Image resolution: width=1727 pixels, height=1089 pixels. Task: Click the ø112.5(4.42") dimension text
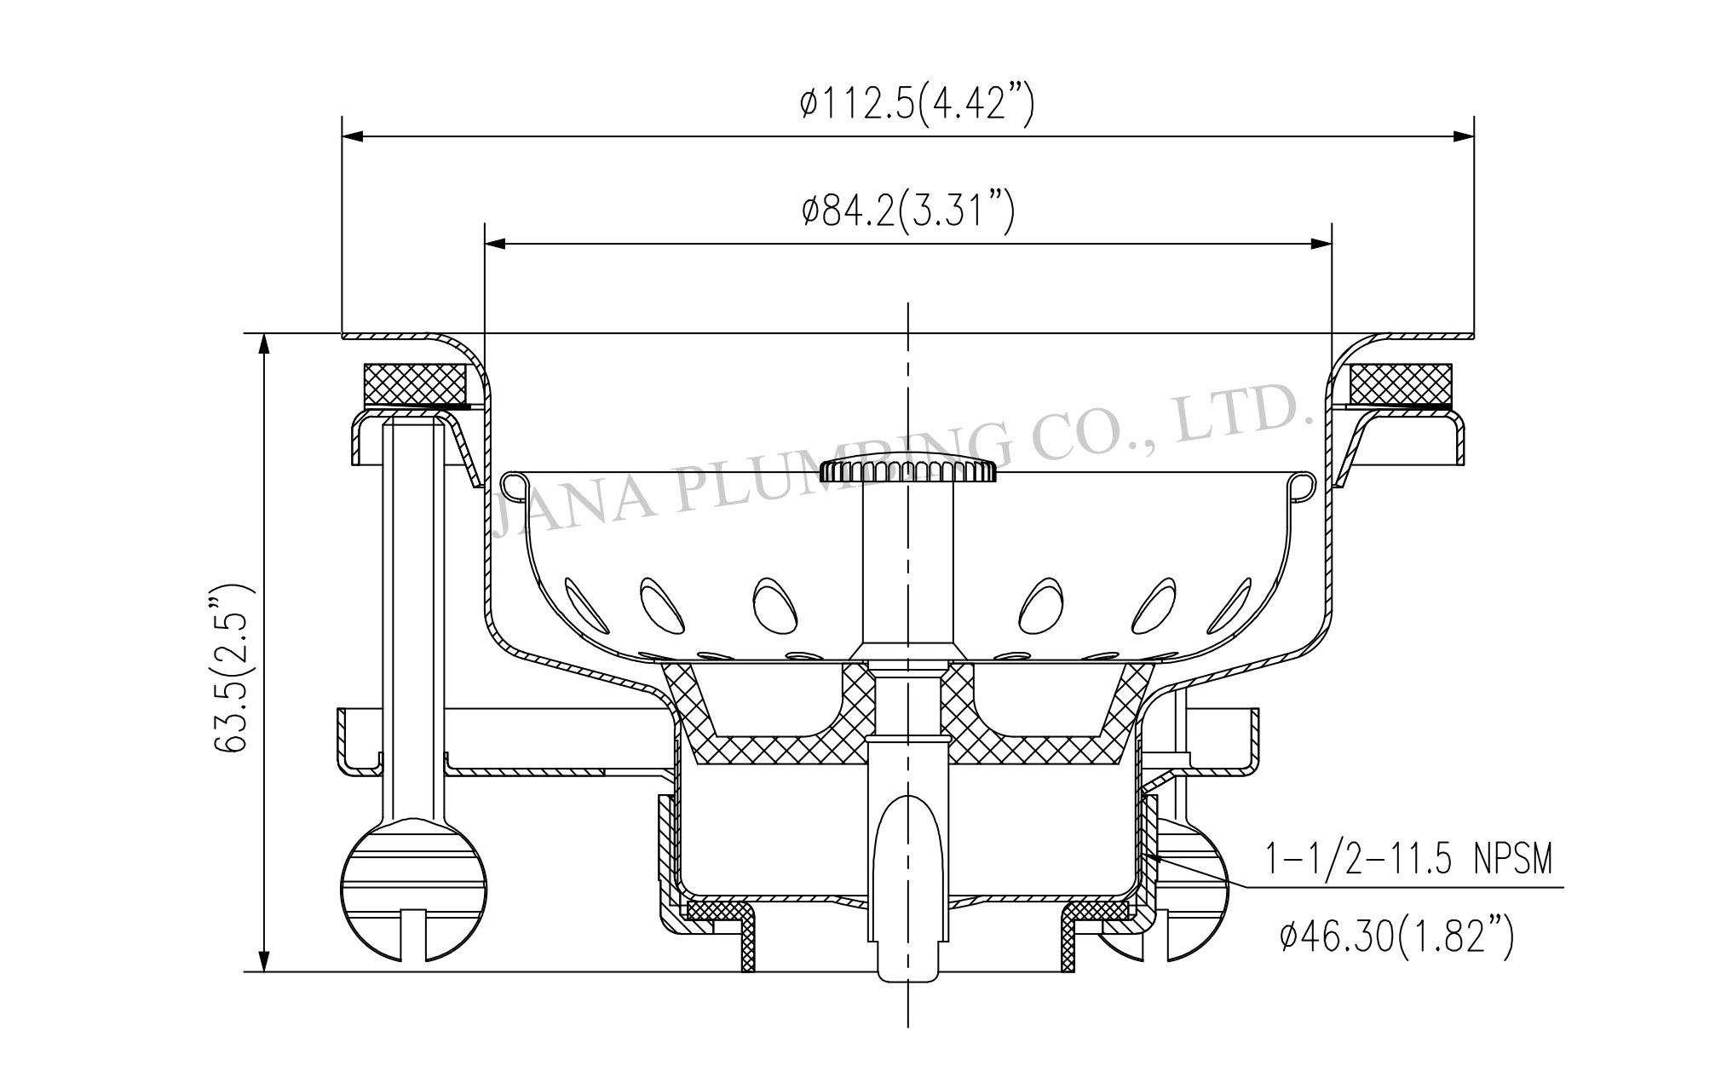tap(917, 106)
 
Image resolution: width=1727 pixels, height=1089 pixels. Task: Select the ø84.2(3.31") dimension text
tap(908, 212)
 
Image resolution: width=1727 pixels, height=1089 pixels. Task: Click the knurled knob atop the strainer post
tap(907, 470)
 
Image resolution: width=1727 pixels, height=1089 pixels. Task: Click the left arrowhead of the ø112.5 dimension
tap(353, 135)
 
